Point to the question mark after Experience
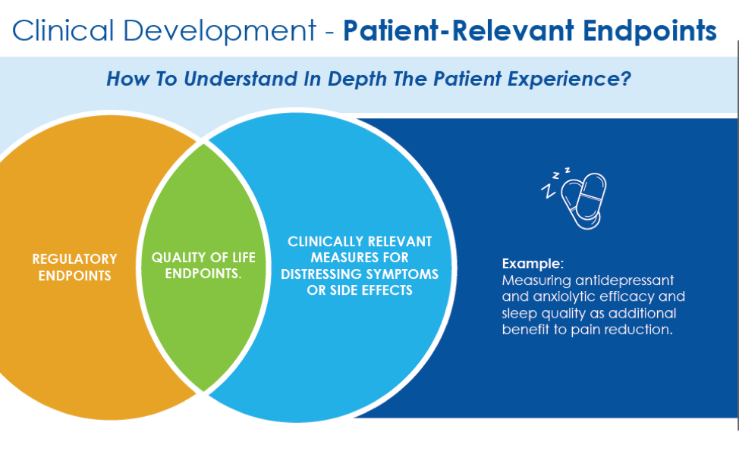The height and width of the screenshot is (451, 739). point(625,79)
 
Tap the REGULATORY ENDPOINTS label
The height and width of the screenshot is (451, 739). point(74,267)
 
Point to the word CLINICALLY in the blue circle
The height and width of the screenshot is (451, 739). point(322,242)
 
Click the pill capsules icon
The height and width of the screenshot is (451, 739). point(585,199)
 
